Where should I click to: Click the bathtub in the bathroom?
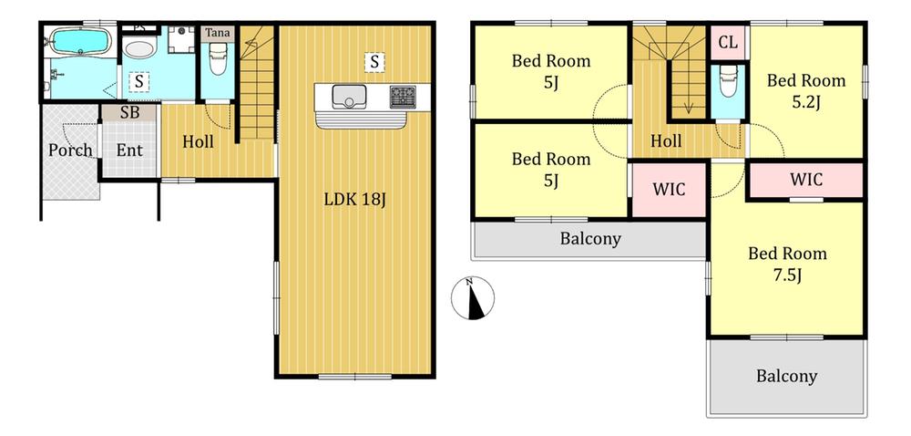(80, 41)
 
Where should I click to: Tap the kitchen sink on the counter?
(349, 97)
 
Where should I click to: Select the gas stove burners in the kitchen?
(402, 97)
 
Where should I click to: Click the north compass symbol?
(473, 298)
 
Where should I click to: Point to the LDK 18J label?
(355, 200)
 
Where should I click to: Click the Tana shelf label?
(219, 33)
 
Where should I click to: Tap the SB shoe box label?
(129, 113)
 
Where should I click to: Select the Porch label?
(70, 150)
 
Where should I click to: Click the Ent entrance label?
(129, 150)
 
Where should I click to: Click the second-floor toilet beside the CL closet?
(727, 81)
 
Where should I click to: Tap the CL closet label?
(728, 42)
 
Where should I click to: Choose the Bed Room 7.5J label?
(787, 264)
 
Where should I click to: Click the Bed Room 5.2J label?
(806, 90)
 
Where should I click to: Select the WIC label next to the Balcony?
(669, 189)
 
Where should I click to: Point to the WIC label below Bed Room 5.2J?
(806, 179)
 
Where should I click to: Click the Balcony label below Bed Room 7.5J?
(787, 376)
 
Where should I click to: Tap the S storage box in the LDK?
(374, 61)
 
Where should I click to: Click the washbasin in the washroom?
(138, 49)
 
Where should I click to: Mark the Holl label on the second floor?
(666, 140)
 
